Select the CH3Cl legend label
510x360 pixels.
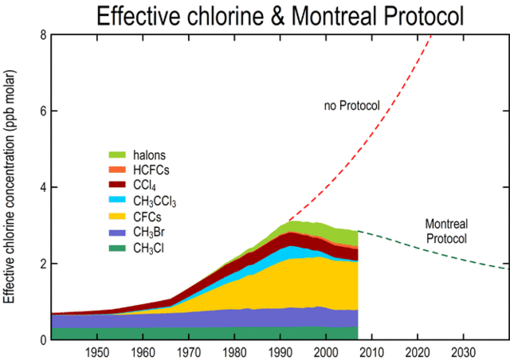click(152, 247)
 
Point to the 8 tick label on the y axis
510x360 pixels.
click(42, 34)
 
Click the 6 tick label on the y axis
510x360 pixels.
click(42, 111)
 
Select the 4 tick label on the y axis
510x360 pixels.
click(42, 187)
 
